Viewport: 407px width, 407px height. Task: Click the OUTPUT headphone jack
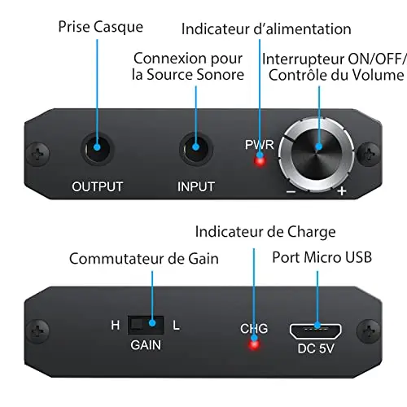click(x=97, y=149)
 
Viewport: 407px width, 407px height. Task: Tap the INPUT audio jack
click(x=195, y=149)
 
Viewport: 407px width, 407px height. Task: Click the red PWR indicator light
click(x=260, y=161)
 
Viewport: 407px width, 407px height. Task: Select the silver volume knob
click(x=317, y=155)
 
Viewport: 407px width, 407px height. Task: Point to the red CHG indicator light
click(x=254, y=344)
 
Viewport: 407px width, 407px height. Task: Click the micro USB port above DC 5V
click(x=316, y=331)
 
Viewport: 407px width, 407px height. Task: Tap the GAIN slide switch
click(x=146, y=325)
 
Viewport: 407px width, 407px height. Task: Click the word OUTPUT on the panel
click(x=98, y=186)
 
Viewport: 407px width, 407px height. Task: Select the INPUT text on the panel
click(x=196, y=186)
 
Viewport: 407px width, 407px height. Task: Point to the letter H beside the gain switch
click(x=116, y=325)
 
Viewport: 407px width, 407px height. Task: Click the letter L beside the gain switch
click(x=177, y=325)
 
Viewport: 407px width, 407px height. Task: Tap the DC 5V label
click(x=316, y=348)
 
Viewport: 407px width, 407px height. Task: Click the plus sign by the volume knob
click(x=342, y=191)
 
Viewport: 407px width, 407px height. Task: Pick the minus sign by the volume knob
click(x=291, y=192)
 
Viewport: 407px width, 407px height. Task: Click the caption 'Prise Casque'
click(x=101, y=27)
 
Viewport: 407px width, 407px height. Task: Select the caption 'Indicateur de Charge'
click(x=265, y=232)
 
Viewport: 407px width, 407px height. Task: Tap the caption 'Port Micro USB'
click(x=322, y=257)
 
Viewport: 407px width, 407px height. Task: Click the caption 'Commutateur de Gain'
click(x=144, y=259)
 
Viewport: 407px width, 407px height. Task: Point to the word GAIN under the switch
click(x=146, y=345)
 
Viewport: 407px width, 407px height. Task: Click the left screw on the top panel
click(x=38, y=154)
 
